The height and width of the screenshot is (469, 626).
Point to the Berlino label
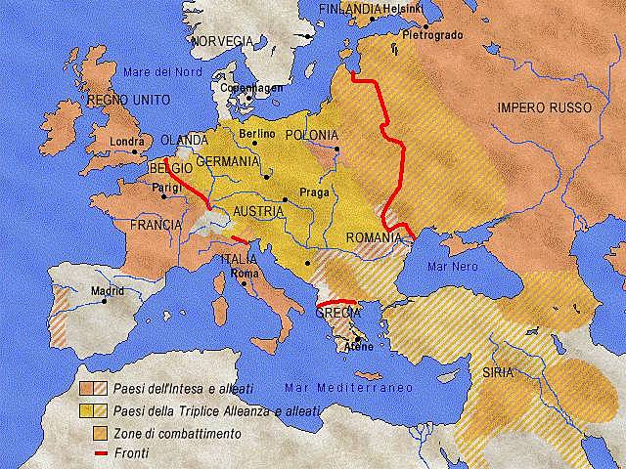pyautogui.click(x=256, y=133)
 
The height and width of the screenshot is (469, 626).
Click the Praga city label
pyautogui.click(x=312, y=192)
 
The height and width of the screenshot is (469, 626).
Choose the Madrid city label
pyautogui.click(x=108, y=291)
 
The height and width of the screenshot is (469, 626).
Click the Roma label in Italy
pyautogui.click(x=244, y=274)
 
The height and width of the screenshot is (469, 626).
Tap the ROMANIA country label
pyautogui.click(x=375, y=237)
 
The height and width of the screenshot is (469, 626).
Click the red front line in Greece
pyautogui.click(x=336, y=303)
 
